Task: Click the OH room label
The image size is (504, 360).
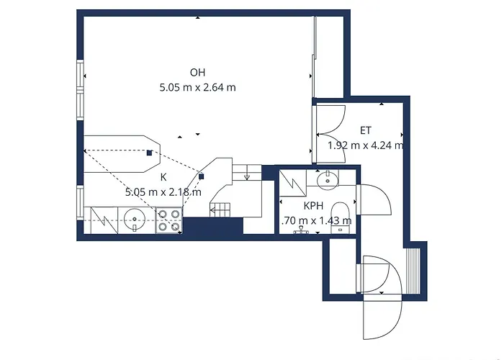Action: (x=198, y=73)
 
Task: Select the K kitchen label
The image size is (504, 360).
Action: (x=163, y=177)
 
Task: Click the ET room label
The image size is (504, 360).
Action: (x=366, y=130)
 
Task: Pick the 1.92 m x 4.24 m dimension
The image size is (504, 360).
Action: (x=365, y=145)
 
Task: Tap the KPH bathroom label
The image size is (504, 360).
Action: (x=314, y=205)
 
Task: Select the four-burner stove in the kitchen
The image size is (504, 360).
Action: (x=168, y=220)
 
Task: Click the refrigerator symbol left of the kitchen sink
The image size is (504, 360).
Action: (x=101, y=219)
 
